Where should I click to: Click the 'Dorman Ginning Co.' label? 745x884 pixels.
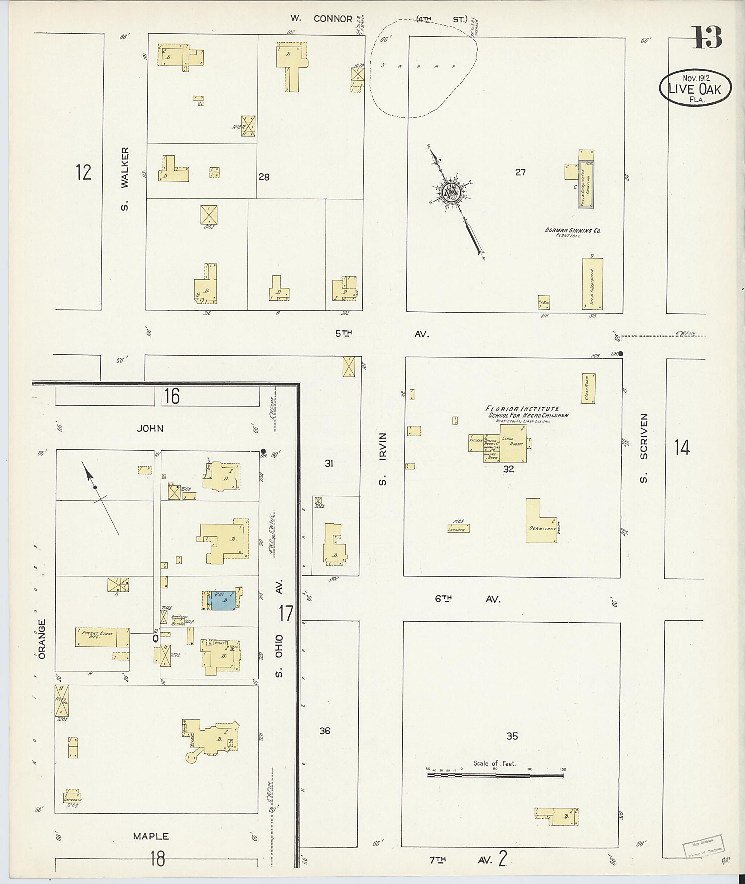(x=573, y=231)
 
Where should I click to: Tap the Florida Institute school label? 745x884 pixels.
(x=527, y=412)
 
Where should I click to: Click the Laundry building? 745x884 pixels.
(x=458, y=528)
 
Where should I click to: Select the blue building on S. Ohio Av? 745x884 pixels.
(x=222, y=600)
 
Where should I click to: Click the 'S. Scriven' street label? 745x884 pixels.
(x=643, y=448)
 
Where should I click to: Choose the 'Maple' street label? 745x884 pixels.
(x=151, y=836)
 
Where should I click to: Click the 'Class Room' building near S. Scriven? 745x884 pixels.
(x=588, y=388)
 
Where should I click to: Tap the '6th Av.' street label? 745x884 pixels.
(x=467, y=599)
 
